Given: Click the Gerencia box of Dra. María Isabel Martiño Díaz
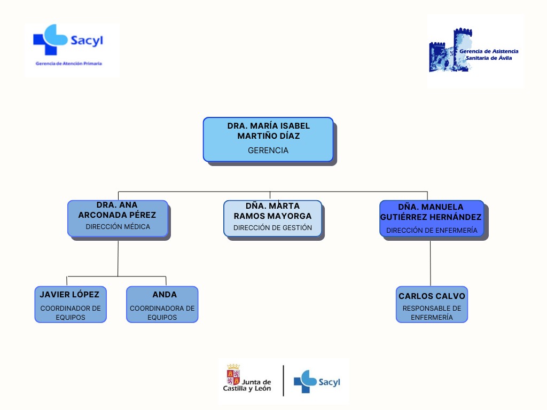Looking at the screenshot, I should pyautogui.click(x=268, y=139).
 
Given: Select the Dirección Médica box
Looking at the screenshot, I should pyautogui.click(x=118, y=218).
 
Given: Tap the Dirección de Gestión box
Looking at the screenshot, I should pyautogui.click(x=272, y=218).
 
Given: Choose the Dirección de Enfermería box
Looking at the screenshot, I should pyautogui.click(x=432, y=218).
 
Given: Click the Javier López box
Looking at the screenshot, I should pyautogui.click(x=71, y=304).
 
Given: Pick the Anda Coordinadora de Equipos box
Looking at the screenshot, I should pyautogui.click(x=162, y=304).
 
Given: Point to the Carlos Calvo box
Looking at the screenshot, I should pyautogui.click(x=432, y=304).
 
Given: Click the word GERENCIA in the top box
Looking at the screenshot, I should pyautogui.click(x=268, y=151).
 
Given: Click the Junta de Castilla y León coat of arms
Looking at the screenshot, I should pyautogui.click(x=233, y=374).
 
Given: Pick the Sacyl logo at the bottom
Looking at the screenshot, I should pyautogui.click(x=317, y=381).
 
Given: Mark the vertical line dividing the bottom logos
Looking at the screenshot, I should pyautogui.click(x=284, y=381).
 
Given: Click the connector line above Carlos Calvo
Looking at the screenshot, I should pyautogui.click(x=431, y=263).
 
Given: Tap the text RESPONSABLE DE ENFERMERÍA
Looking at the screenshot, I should pyautogui.click(x=432, y=313).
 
